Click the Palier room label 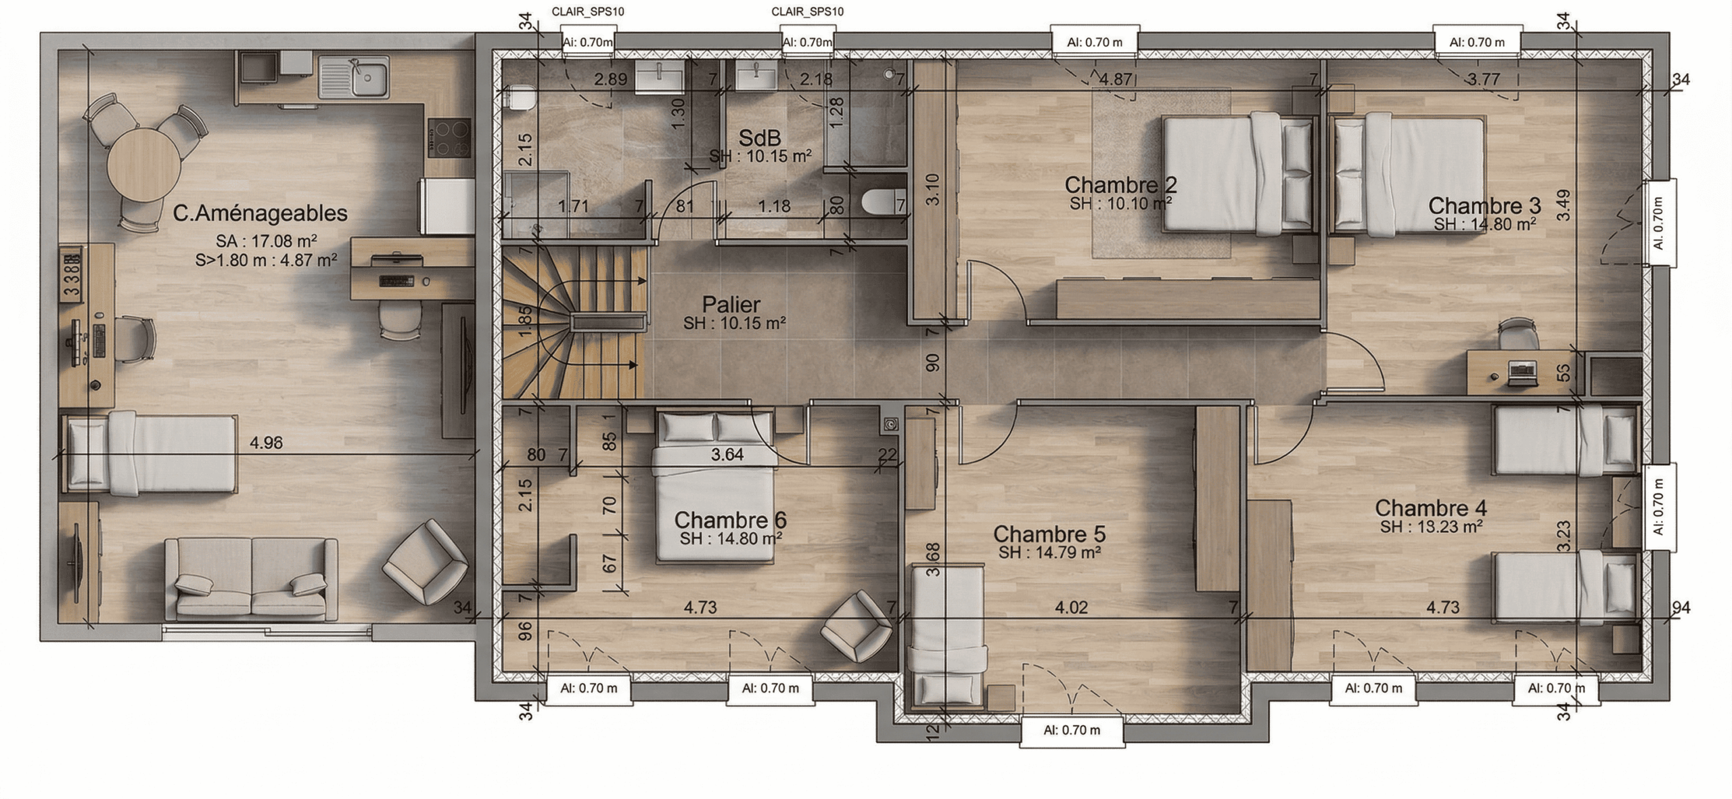731,304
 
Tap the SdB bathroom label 760,137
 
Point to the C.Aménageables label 260,213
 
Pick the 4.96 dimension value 266,443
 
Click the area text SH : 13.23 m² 1431,527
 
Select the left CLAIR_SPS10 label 588,12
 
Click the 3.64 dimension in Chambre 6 727,454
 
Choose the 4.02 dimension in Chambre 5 1072,607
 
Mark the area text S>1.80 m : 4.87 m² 267,259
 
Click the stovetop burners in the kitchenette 449,138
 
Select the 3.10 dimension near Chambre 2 933,190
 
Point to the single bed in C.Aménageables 150,454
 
